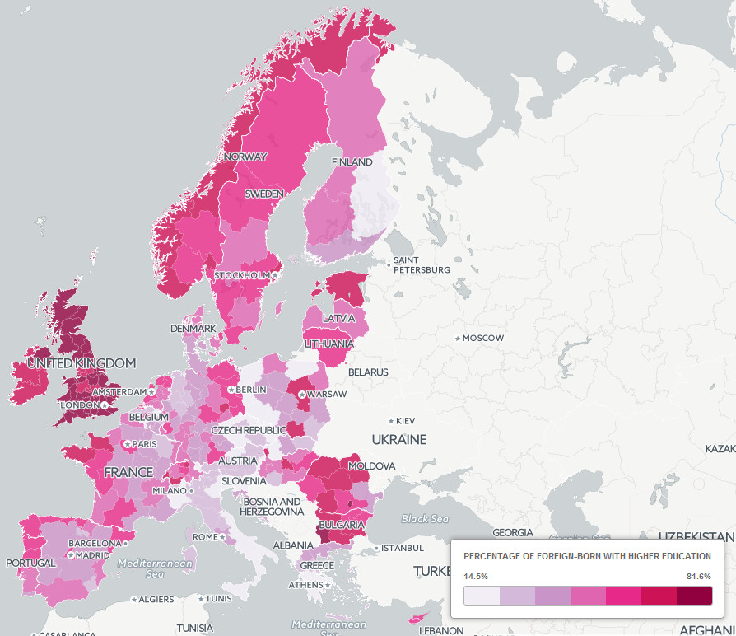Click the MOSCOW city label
pyautogui.click(x=482, y=338)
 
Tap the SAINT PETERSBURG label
pyautogui.click(x=422, y=265)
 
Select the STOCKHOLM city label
pyautogui.click(x=242, y=275)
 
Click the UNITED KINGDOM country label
pyautogui.click(x=81, y=363)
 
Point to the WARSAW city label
pyautogui.click(x=328, y=395)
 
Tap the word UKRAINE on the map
pyautogui.click(x=398, y=439)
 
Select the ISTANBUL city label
pyautogui.click(x=403, y=548)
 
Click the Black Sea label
pyautogui.click(x=425, y=519)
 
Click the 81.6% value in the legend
pyautogui.click(x=698, y=576)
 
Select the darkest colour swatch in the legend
pyautogui.click(x=694, y=596)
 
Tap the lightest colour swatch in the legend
pyautogui.click(x=482, y=596)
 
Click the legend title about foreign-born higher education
pyautogui.click(x=587, y=556)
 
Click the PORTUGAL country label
pyautogui.click(x=30, y=563)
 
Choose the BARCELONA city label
pyautogui.click(x=94, y=543)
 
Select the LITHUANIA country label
pyautogui.click(x=328, y=344)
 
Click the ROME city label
pyautogui.click(x=205, y=537)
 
